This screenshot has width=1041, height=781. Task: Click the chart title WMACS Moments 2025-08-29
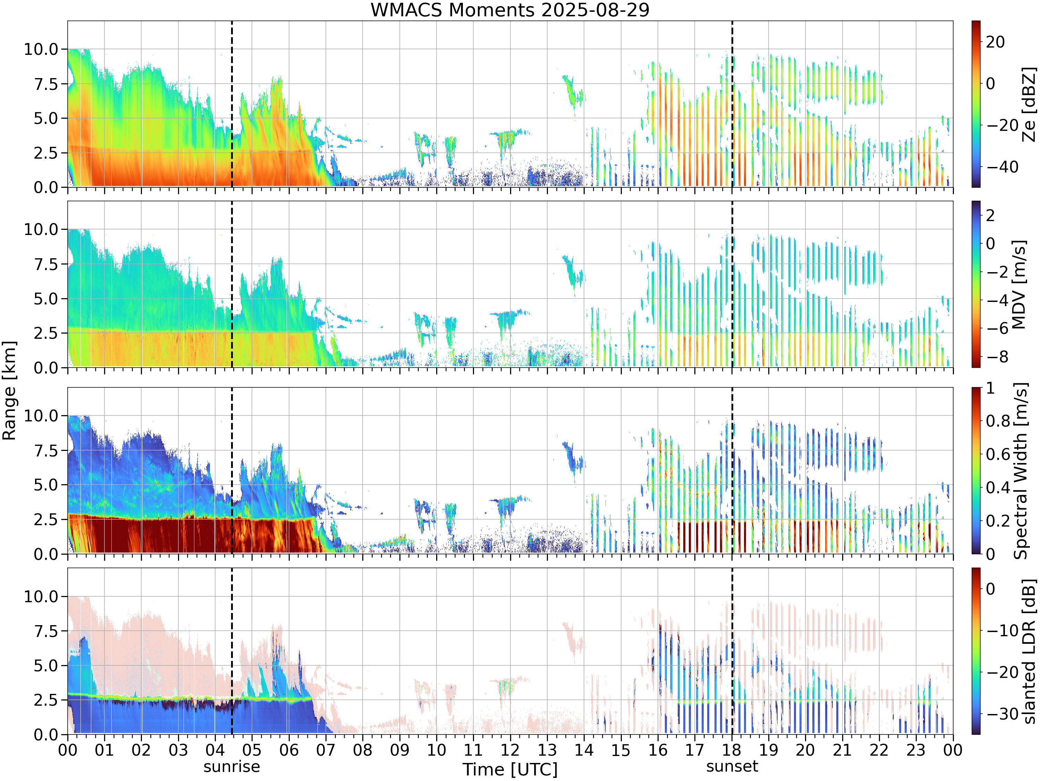click(x=510, y=10)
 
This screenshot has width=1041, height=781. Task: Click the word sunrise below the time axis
click(x=231, y=766)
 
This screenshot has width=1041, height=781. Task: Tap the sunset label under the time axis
click(x=732, y=766)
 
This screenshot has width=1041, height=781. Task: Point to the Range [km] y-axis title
click(x=9, y=391)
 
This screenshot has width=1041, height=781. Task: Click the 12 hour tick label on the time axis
click(x=510, y=750)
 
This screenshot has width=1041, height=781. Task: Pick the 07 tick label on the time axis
click(x=326, y=750)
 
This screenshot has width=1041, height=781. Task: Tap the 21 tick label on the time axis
click(x=843, y=750)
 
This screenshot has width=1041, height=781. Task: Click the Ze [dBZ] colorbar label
click(x=1029, y=104)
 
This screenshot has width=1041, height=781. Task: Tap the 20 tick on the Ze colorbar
click(x=995, y=42)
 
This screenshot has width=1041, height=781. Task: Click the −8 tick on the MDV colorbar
click(x=997, y=357)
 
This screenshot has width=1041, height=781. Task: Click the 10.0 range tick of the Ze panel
click(x=41, y=49)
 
